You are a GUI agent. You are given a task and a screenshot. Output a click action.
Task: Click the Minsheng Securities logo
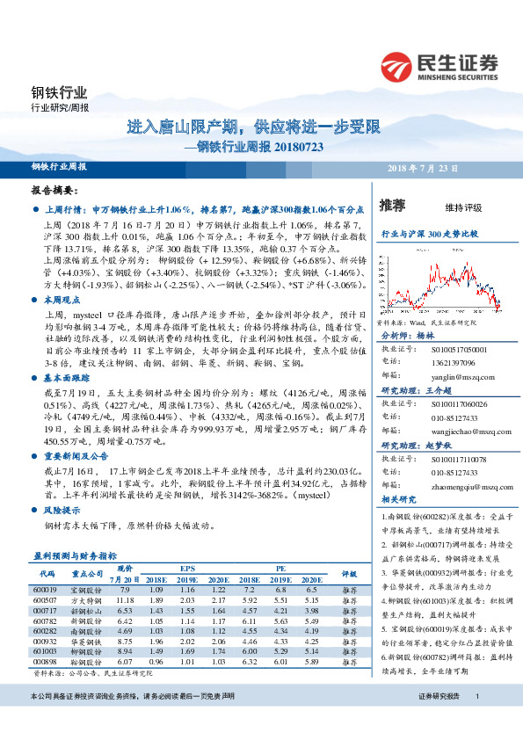click(x=439, y=65)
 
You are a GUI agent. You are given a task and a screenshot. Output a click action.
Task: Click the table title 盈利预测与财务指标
click(x=75, y=556)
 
